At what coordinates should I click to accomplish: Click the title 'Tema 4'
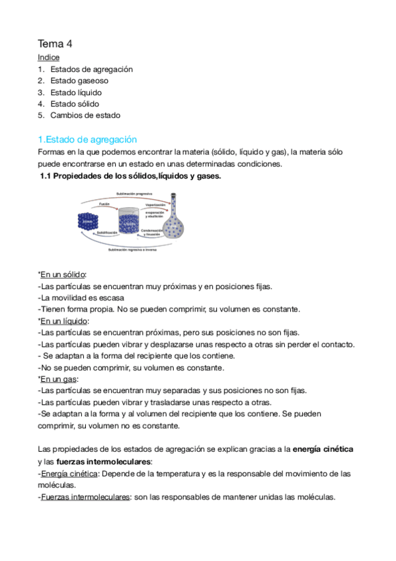[55, 44]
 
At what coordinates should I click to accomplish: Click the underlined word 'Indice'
[48, 58]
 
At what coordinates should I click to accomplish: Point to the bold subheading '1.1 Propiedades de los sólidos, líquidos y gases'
[131, 176]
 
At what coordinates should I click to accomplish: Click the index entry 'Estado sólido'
[75, 104]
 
